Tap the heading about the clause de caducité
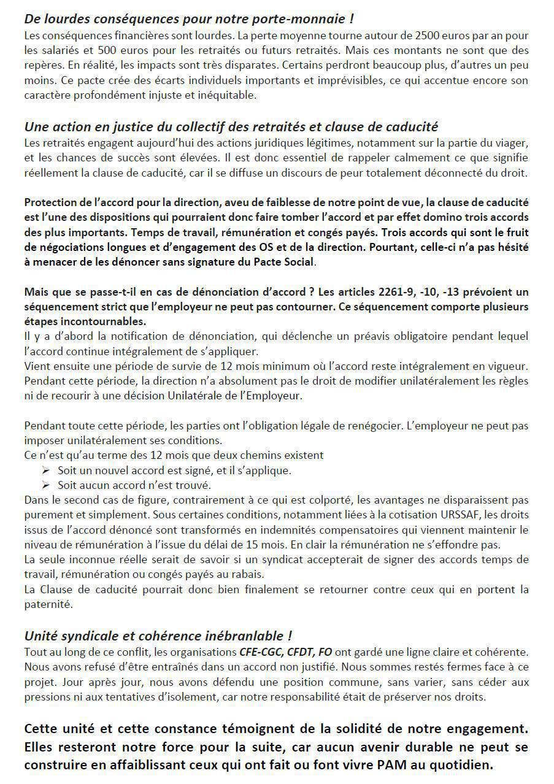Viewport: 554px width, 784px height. coord(231,127)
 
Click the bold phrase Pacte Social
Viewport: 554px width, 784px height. coord(285,262)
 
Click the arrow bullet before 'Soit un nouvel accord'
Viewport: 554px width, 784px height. coord(46,471)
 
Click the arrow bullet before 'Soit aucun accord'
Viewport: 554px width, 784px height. coord(46,485)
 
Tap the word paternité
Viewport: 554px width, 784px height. coord(48,604)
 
